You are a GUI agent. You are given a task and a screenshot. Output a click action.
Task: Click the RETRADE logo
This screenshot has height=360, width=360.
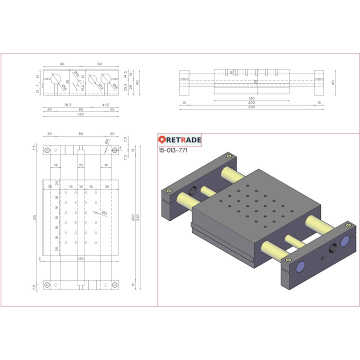179,140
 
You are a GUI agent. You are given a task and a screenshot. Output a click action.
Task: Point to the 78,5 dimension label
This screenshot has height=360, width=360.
67,105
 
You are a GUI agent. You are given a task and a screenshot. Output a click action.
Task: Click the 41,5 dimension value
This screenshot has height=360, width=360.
105,105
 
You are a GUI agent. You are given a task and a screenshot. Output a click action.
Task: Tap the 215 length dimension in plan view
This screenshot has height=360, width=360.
34,217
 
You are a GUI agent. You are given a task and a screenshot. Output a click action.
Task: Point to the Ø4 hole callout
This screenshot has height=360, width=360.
106,142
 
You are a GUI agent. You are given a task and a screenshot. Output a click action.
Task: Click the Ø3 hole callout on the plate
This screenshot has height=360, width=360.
104,213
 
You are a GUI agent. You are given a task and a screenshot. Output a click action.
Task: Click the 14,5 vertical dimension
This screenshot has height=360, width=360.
125,73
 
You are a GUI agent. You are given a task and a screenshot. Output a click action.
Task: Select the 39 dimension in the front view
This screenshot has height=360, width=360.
67,81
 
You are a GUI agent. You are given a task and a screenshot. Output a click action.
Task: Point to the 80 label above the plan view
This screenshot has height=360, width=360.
80,133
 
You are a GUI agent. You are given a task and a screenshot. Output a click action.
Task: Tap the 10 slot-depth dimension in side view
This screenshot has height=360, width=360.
231,72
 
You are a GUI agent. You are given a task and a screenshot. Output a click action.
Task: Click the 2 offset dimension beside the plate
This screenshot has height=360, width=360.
39,259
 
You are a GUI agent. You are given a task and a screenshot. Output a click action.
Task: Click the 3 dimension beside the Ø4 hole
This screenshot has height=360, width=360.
120,148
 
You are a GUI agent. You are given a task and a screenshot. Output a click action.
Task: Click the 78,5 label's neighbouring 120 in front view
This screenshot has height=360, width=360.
80,114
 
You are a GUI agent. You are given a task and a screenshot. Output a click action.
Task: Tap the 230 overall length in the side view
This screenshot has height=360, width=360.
251,107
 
